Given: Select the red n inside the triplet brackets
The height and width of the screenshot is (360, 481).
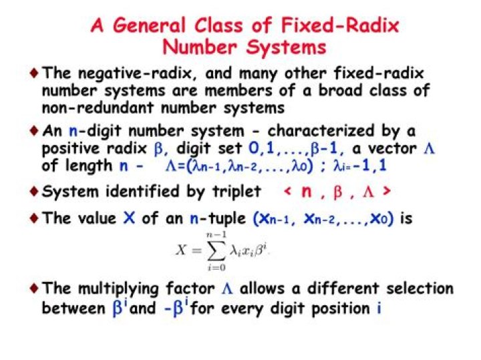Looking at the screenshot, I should point(307,192).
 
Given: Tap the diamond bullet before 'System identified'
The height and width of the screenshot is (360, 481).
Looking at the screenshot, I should point(34,192).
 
